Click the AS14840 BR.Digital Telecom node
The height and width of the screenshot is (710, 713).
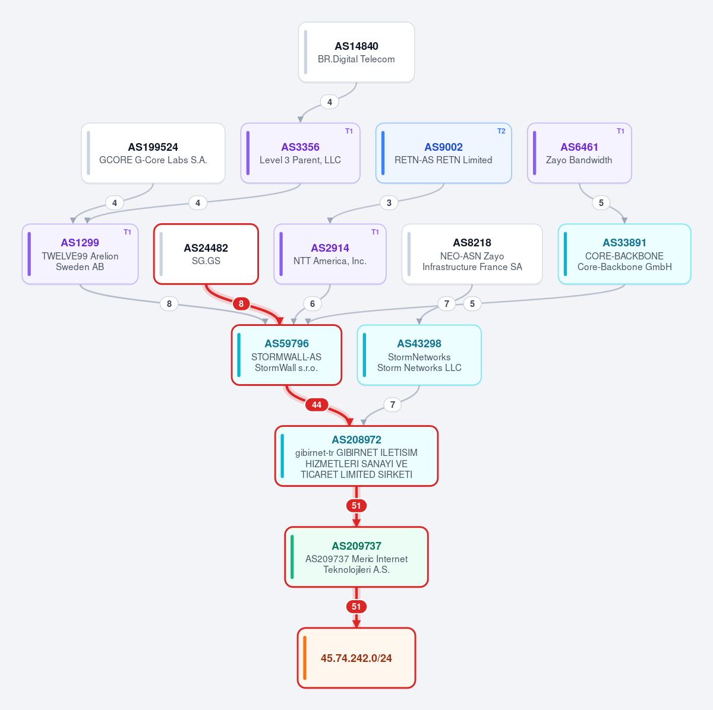click(356, 52)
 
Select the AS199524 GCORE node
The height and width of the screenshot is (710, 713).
click(153, 153)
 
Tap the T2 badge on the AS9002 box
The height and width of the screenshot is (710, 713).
click(501, 131)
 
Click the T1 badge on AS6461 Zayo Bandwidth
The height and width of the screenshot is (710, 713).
click(620, 131)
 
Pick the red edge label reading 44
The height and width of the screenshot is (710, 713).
click(316, 405)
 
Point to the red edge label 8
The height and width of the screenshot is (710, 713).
click(241, 304)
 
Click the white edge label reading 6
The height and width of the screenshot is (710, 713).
click(313, 304)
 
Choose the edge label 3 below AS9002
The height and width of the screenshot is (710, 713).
click(389, 203)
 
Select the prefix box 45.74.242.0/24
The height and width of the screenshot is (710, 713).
click(356, 658)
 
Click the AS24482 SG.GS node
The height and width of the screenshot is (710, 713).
click(206, 254)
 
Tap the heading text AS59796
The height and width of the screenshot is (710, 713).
click(286, 344)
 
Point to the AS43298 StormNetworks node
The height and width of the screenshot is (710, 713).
click(419, 355)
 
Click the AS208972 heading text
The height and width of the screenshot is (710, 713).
click(356, 440)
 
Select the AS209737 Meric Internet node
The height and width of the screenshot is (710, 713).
click(356, 557)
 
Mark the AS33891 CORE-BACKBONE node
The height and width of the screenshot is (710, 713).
click(624, 254)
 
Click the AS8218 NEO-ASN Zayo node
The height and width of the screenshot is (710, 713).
click(472, 254)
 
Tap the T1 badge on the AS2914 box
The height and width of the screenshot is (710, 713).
click(375, 232)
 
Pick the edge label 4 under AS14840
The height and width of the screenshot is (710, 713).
click(329, 102)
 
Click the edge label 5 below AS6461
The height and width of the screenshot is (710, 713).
click(601, 203)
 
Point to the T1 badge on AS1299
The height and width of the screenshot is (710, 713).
click(127, 232)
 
